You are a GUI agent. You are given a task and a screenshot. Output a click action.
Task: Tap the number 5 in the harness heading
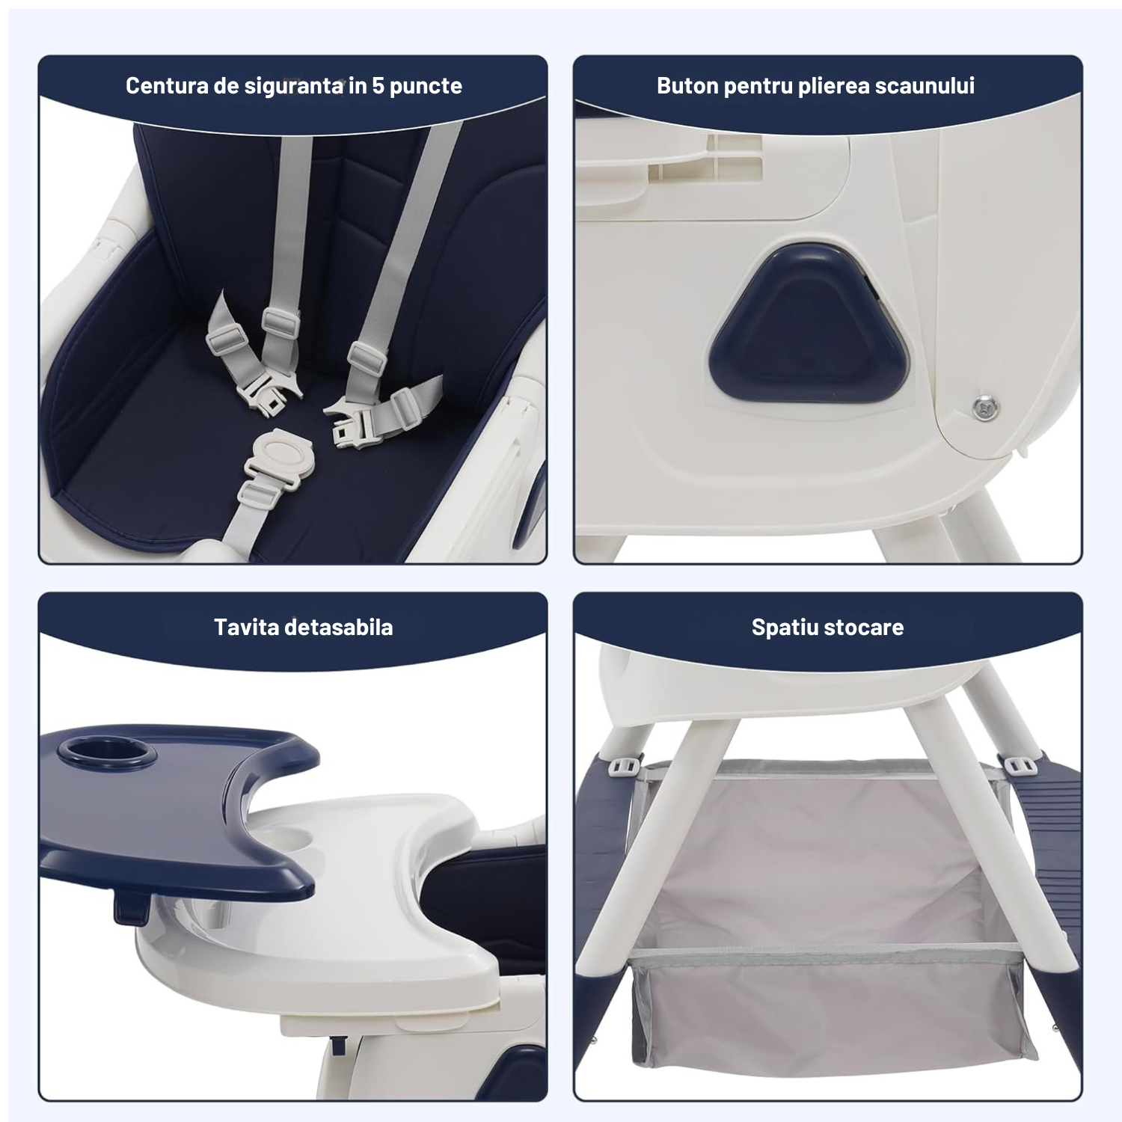click(378, 86)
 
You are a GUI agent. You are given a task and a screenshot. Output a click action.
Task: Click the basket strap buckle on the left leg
click(627, 766)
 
